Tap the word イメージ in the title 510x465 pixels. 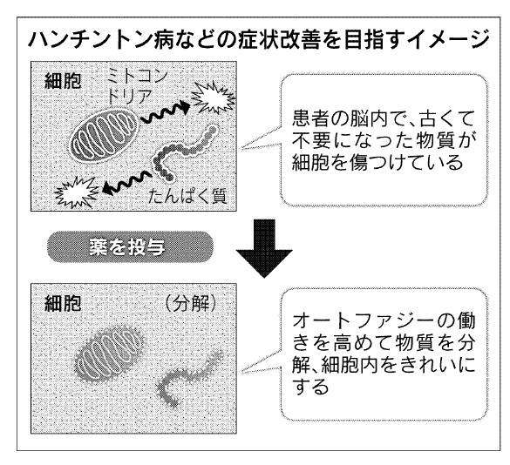pos(449,41)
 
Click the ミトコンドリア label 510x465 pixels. pos(138,86)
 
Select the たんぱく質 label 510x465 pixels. pos(187,196)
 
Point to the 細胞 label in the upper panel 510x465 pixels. pos(63,81)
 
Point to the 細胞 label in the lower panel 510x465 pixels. pos(63,304)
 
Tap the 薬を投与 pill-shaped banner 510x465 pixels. pos(131,247)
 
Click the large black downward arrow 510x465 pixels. pos(264,248)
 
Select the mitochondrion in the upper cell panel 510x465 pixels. pos(105,136)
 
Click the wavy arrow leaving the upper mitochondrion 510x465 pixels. pos(165,113)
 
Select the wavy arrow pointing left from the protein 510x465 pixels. pos(127,185)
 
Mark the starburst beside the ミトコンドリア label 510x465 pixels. pos(213,97)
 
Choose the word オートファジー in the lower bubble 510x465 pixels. pos(363,321)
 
